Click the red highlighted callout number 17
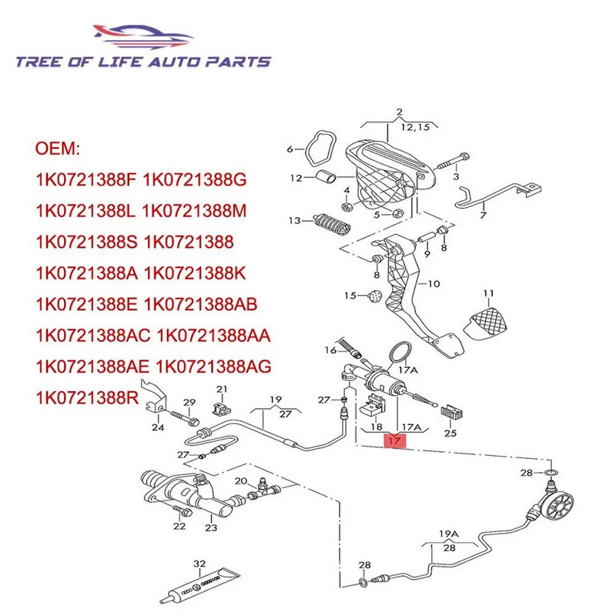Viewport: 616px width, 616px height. point(393,442)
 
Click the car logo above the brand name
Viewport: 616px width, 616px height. point(145,36)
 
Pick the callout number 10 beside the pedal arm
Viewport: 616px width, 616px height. point(434,283)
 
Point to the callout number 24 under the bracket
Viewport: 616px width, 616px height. point(157,428)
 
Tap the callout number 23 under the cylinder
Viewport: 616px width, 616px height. point(212,527)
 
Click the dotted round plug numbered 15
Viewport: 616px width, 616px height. point(374,296)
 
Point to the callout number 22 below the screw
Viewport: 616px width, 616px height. point(179,527)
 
